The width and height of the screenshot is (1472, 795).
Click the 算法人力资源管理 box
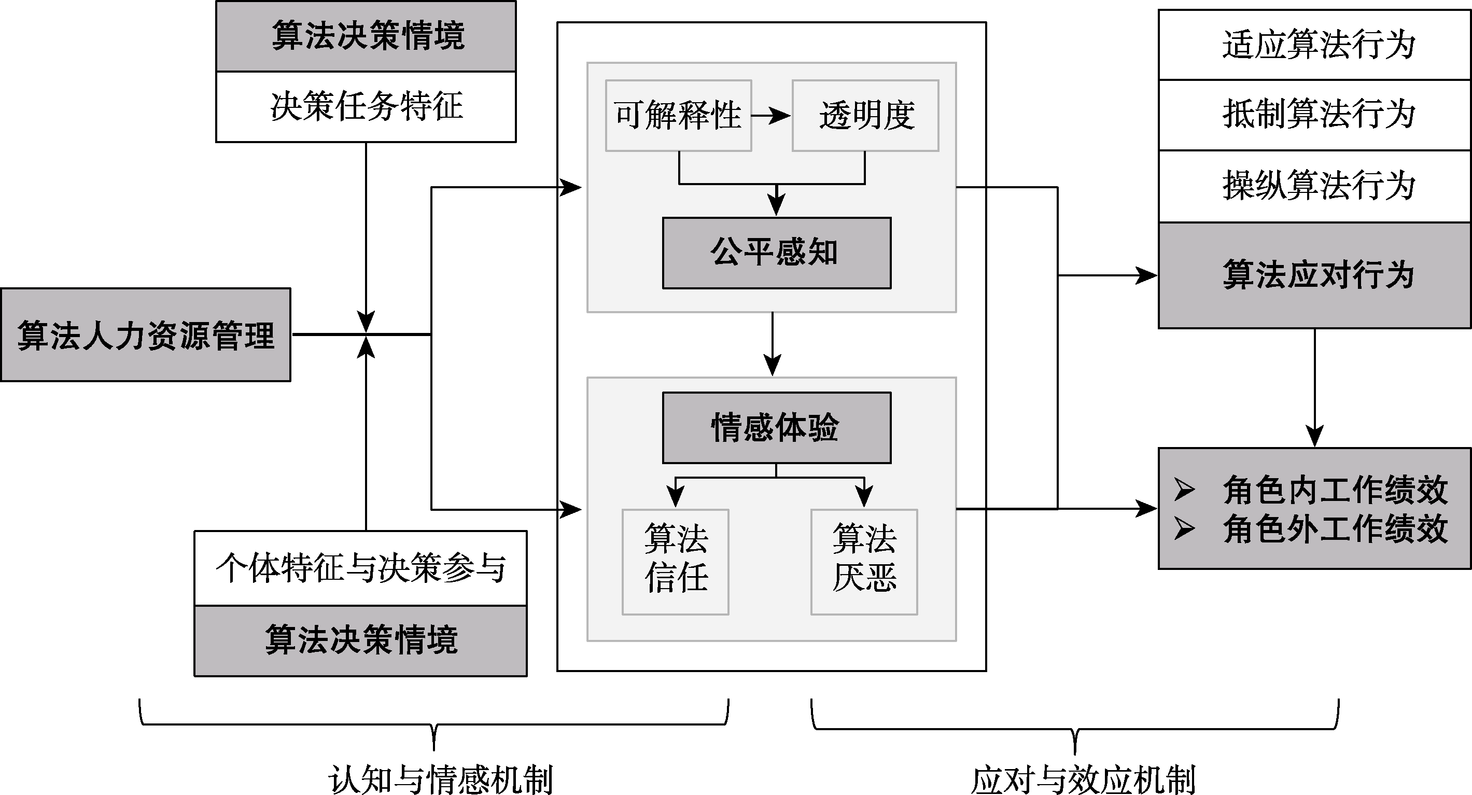[x=146, y=335]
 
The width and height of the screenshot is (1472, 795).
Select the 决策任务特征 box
[x=366, y=107]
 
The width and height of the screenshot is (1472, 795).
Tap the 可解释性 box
[x=678, y=116]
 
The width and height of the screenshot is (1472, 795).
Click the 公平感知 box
[x=776, y=253]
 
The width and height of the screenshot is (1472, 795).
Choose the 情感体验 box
[x=776, y=427]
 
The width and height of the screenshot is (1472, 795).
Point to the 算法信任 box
[x=676, y=562]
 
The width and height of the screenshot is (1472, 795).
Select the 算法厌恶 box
[x=864, y=562]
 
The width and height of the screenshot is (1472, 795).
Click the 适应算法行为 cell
[x=1314, y=45]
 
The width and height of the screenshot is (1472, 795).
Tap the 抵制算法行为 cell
[x=1314, y=115]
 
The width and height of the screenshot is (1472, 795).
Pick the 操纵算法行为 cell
[x=1314, y=186]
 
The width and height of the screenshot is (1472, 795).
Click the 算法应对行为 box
[x=1314, y=275]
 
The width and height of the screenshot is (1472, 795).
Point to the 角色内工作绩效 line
[x=1335, y=490]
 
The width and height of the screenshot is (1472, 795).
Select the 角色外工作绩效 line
[x=1335, y=528]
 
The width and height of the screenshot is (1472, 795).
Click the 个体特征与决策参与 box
[x=360, y=568]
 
